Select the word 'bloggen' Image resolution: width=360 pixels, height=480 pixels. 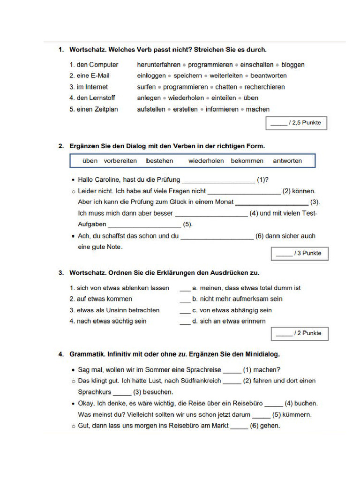pos(293,65)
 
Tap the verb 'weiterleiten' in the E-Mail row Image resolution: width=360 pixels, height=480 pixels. pos(226,76)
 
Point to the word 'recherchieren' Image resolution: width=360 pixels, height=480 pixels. pos(264,87)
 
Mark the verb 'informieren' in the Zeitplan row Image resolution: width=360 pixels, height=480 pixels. pos(222,110)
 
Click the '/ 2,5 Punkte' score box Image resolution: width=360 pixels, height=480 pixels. pos(296,123)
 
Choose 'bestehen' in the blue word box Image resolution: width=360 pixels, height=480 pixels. pos(159,161)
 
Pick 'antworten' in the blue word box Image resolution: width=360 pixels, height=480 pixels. pos(287,161)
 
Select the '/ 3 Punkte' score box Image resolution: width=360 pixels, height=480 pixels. pos(300,254)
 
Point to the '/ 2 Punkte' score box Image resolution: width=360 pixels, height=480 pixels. pos(300,334)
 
